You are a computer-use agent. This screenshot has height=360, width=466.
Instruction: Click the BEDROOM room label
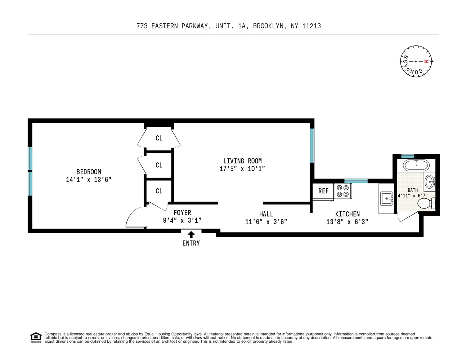pos(89,172)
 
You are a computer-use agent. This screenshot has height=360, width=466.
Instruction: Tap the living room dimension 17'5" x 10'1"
pos(242,169)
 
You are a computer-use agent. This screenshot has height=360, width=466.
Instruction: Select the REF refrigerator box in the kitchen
pos(323,191)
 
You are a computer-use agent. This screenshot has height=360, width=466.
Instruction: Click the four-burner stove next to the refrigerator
pos(343,191)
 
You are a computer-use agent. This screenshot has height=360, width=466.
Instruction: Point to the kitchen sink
pos(387,198)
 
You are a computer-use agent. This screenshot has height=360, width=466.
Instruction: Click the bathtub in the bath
pos(416,166)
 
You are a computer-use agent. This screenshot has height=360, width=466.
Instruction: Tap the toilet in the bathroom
pos(426,204)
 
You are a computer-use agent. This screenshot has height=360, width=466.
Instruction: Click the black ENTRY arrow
pos(191,234)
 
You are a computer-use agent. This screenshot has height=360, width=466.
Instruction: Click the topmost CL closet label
pos(159,138)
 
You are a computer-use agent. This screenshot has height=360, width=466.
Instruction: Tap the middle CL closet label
pos(159,165)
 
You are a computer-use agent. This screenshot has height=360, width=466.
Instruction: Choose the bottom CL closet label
pos(159,191)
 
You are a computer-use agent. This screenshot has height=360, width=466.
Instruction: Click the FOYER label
pos(182,213)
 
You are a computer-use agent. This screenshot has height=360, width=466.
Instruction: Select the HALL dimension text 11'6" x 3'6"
pos(266,222)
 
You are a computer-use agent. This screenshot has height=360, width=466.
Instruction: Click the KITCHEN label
pos(347,214)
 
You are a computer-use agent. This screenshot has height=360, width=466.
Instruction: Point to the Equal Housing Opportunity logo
pos(36,338)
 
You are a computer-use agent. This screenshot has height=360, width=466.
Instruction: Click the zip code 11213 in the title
pos(312,26)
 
